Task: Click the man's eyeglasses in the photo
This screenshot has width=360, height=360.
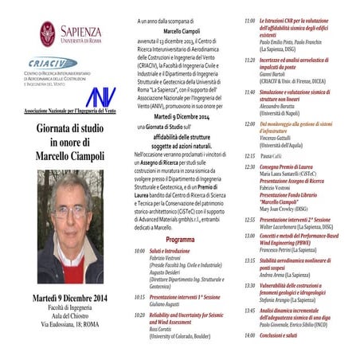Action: point(70,212)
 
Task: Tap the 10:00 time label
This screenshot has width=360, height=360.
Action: point(140,251)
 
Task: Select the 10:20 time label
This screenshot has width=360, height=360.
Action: point(140,315)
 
